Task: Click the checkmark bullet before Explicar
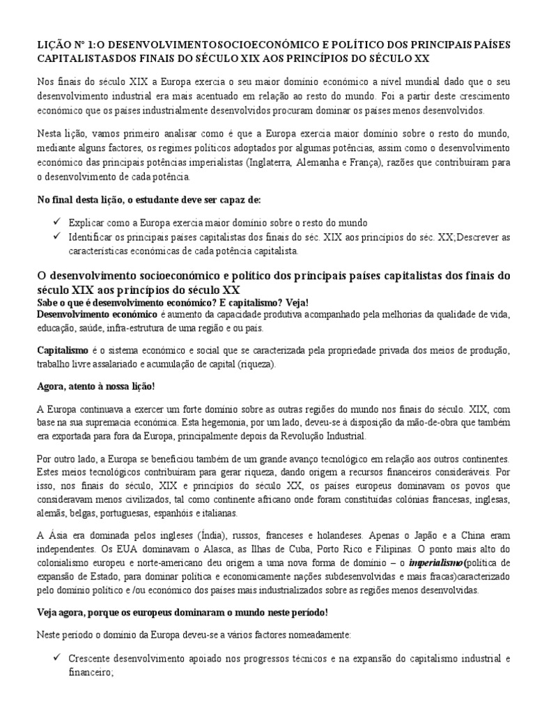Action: pyautogui.click(x=56, y=223)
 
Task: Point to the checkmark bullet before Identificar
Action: pyautogui.click(x=56, y=237)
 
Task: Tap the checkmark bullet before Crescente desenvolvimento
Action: pyautogui.click(x=56, y=658)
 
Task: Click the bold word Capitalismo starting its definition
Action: pyautogui.click(x=61, y=348)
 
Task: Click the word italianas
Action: pyautogui.click(x=219, y=512)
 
